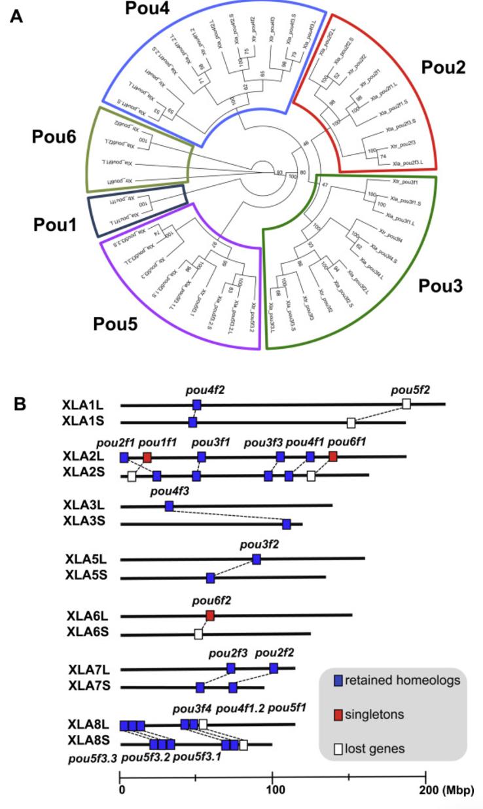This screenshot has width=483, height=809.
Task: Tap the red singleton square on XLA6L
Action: pyautogui.click(x=210, y=615)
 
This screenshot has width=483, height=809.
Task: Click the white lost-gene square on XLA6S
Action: pyautogui.click(x=198, y=634)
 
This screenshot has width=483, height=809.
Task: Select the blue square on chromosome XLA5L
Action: pyautogui.click(x=257, y=559)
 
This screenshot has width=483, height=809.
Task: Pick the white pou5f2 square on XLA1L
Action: pyautogui.click(x=406, y=404)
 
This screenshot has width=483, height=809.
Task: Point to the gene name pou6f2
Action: pyautogui.click(x=211, y=599)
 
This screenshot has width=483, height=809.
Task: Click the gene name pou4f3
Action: pyautogui.click(x=168, y=491)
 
